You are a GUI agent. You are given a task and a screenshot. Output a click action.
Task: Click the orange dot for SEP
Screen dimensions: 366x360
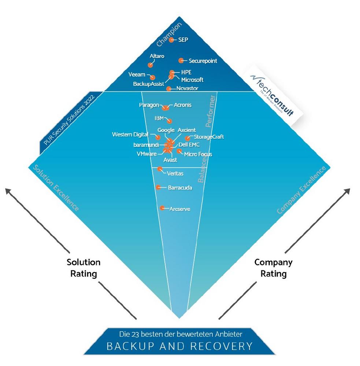pos(171,40)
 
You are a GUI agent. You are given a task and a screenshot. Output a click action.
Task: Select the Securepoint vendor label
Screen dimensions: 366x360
pos(203,61)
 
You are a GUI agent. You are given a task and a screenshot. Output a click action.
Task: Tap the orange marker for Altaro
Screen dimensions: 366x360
pos(150,65)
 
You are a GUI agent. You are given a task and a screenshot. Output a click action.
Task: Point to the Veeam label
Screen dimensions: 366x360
pos(137,75)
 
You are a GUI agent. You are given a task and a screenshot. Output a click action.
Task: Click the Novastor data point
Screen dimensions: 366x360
pos(168,89)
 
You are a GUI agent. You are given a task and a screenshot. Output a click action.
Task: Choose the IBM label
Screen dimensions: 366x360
pos(159,119)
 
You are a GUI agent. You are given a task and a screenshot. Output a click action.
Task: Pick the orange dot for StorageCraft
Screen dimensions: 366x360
pos(188,138)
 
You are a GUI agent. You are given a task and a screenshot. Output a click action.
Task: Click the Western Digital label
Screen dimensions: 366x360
pos(130,135)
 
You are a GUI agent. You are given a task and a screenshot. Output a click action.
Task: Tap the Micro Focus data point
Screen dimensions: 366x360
pos(179,151)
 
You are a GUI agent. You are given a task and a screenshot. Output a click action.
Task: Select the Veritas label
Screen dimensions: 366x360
pos(175,173)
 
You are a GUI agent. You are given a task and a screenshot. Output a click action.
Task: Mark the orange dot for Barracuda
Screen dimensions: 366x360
pos(158,187)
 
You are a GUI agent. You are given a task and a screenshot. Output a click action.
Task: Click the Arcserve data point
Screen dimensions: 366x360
pos(162,208)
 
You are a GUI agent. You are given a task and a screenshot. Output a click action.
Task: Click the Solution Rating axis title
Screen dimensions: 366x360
pos(83,268)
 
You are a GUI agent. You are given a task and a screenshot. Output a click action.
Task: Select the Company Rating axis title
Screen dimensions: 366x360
pos(273,268)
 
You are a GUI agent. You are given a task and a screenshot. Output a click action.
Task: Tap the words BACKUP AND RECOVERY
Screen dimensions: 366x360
pos(179,346)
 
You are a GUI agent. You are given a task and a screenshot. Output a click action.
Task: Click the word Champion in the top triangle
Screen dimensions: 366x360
pos(169,35)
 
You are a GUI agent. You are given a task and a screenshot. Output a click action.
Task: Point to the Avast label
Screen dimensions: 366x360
pos(170,160)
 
